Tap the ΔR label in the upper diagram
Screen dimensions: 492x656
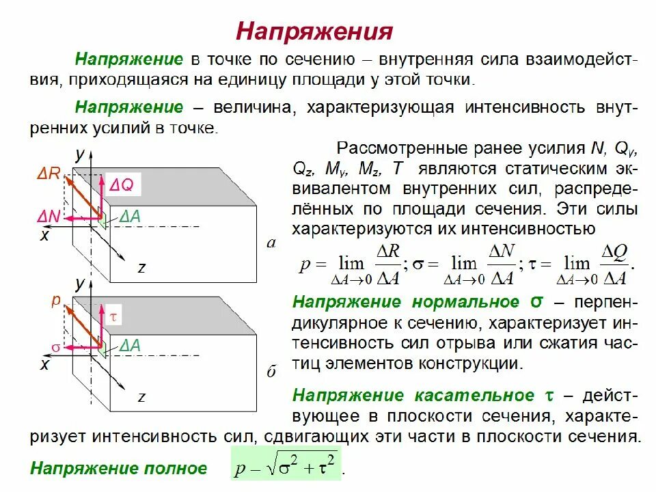click(49, 175)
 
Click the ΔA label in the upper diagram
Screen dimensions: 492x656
click(129, 217)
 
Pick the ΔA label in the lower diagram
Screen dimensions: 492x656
click(129, 346)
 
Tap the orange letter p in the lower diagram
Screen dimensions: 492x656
click(56, 301)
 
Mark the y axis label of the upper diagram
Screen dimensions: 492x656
click(80, 153)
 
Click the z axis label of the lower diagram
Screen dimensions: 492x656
click(141, 396)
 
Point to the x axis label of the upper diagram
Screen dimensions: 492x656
click(44, 236)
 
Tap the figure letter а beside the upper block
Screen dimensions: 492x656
click(271, 242)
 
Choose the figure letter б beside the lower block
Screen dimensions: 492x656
click(271, 372)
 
